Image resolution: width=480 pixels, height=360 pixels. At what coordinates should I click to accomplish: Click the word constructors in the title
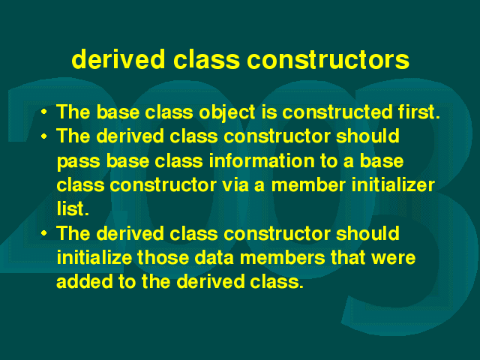click(328, 59)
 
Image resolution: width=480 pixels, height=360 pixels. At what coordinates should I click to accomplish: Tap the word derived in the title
click(118, 58)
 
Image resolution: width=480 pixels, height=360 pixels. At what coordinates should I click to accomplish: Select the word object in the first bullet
click(226, 112)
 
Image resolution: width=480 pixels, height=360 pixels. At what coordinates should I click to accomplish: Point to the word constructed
click(337, 112)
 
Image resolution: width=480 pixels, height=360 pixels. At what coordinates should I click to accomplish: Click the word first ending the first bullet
click(418, 112)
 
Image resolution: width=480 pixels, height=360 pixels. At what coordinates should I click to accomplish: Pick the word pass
click(78, 162)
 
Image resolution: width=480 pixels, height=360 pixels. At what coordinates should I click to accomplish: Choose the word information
click(262, 160)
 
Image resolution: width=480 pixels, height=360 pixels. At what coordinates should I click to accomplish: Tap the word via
click(235, 185)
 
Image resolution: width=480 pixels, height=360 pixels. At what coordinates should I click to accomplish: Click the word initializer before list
click(393, 185)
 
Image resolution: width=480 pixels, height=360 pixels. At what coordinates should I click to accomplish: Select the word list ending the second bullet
click(73, 209)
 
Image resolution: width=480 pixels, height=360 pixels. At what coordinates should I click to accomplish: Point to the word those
click(163, 258)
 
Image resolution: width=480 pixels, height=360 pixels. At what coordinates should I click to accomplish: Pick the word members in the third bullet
click(282, 258)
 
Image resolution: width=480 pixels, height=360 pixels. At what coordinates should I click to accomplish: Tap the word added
click(85, 282)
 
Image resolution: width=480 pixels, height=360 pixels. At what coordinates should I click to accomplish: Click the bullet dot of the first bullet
click(44, 112)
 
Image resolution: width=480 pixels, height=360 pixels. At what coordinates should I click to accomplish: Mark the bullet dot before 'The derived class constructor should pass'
click(44, 136)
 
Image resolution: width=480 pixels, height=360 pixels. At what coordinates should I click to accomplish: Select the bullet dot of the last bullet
click(44, 234)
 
